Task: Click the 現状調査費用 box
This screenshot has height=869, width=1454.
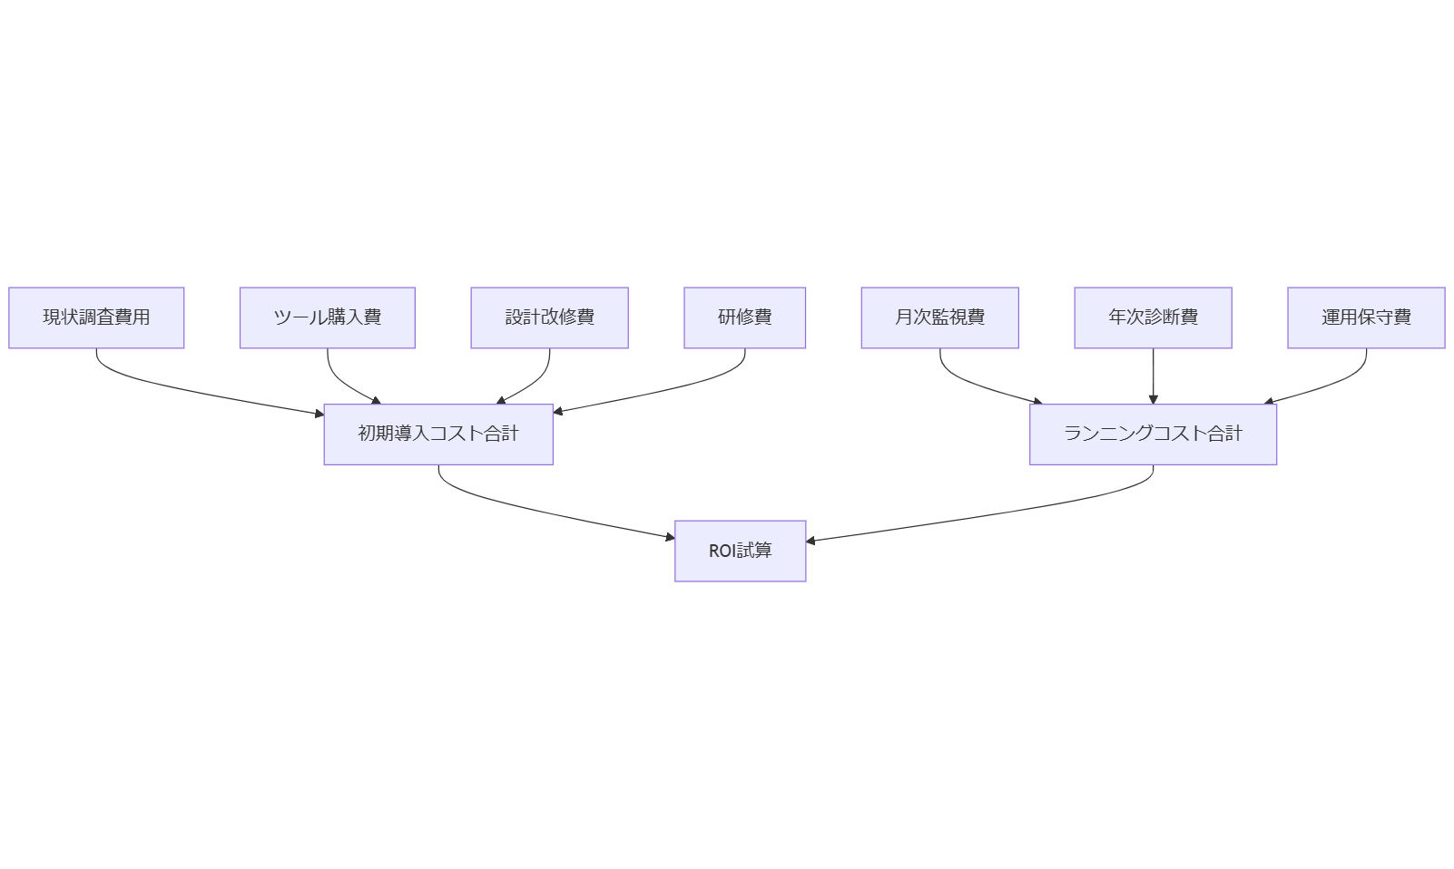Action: pos(96,317)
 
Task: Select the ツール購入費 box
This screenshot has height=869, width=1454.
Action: pos(327,317)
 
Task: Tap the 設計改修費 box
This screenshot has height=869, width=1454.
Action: pos(549,317)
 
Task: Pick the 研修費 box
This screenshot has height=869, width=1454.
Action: pos(744,317)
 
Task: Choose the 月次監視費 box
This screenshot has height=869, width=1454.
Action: pos(939,317)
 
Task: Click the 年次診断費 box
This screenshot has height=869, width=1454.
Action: pos(1153,317)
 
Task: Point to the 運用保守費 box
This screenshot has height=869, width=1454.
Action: pos(1366,317)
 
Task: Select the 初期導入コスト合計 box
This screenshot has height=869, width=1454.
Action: pos(438,434)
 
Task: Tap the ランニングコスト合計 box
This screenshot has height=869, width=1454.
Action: pos(1153,434)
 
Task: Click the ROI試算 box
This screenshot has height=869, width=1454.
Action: pos(740,551)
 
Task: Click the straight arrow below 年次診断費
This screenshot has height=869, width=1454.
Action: pos(1153,376)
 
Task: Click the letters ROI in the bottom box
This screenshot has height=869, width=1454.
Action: pos(722,551)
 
